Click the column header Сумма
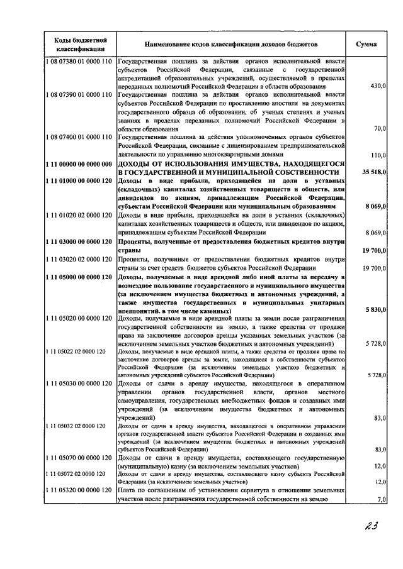[x=366, y=45]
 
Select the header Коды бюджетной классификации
[x=79, y=45]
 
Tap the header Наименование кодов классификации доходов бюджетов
[x=231, y=45]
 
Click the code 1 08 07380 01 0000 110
[x=79, y=62]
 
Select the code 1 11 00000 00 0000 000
[x=79, y=163]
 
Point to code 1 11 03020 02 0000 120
[x=79, y=259]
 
